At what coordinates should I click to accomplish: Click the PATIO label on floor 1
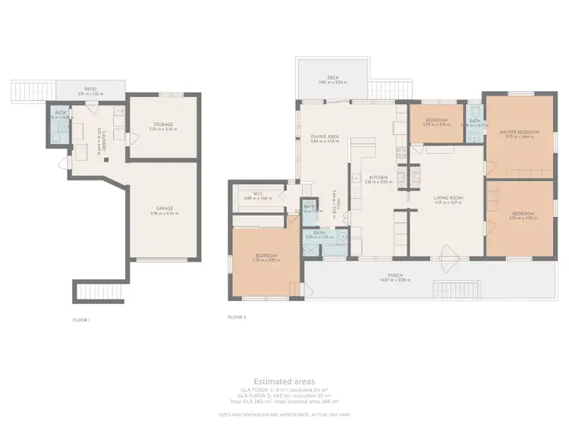coord(90,89)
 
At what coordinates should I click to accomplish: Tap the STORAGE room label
coord(162,124)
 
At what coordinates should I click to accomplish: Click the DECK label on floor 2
coord(332,77)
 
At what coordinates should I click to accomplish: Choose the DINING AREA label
coord(324,137)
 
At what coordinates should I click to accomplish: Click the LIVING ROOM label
coord(448,197)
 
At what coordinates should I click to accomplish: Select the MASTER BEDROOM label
coord(519,132)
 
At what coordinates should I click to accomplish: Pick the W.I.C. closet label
coord(257,193)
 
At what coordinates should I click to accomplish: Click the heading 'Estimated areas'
coord(284,381)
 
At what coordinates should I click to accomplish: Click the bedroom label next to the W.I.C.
coord(266,255)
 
